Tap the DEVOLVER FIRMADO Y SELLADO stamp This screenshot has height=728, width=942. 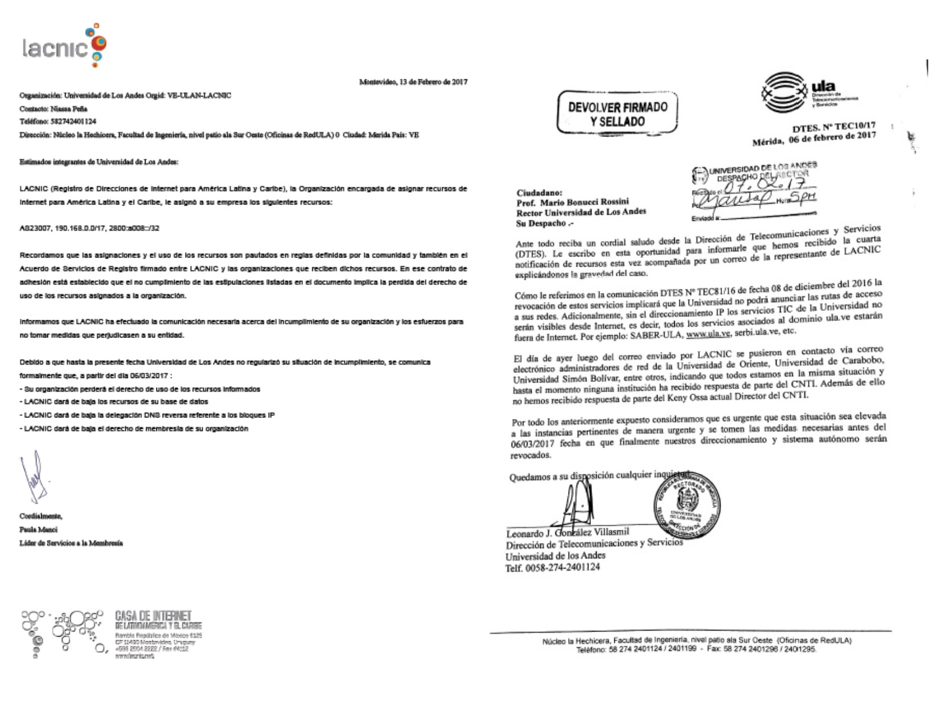[618, 114]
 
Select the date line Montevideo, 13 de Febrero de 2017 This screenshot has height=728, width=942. [413, 82]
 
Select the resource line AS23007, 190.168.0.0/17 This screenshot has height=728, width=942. [90, 228]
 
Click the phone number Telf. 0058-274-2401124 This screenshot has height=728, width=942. [553, 567]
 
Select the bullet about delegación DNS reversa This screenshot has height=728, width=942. [147, 415]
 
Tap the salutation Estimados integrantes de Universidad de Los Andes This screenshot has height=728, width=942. [99, 162]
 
